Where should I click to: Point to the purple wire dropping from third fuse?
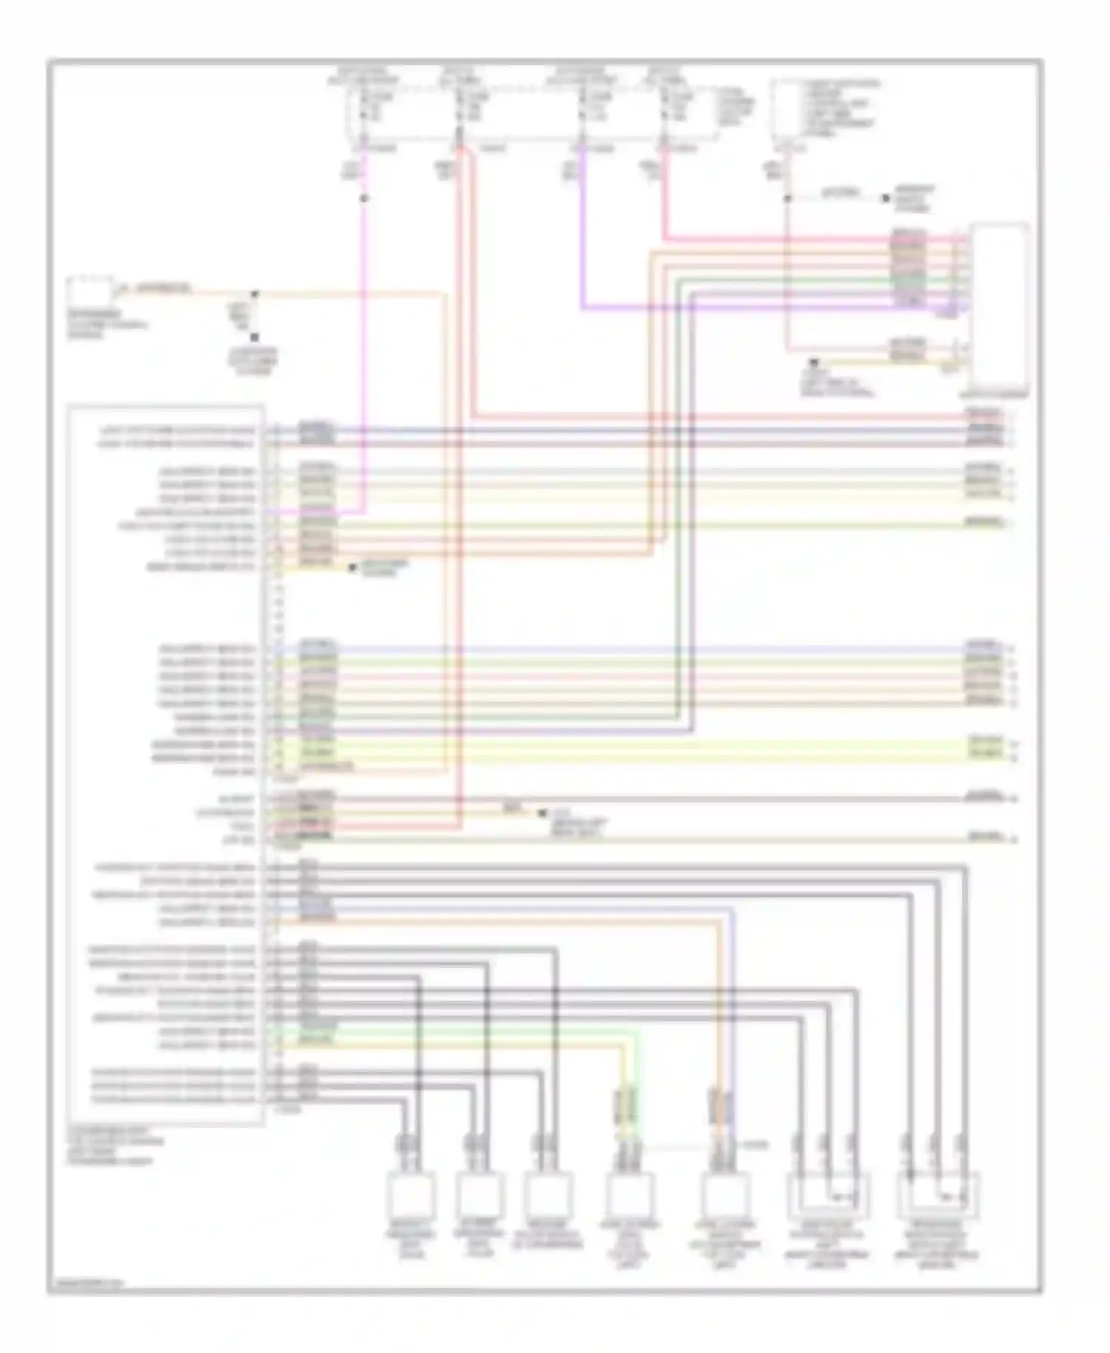point(582,244)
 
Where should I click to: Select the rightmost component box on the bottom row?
point(938,1193)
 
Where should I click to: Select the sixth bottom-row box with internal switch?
point(829,1193)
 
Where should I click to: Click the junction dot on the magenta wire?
point(363,199)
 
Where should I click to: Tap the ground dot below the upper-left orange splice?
point(254,338)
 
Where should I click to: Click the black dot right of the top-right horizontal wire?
point(884,198)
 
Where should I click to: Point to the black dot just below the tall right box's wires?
point(814,363)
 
